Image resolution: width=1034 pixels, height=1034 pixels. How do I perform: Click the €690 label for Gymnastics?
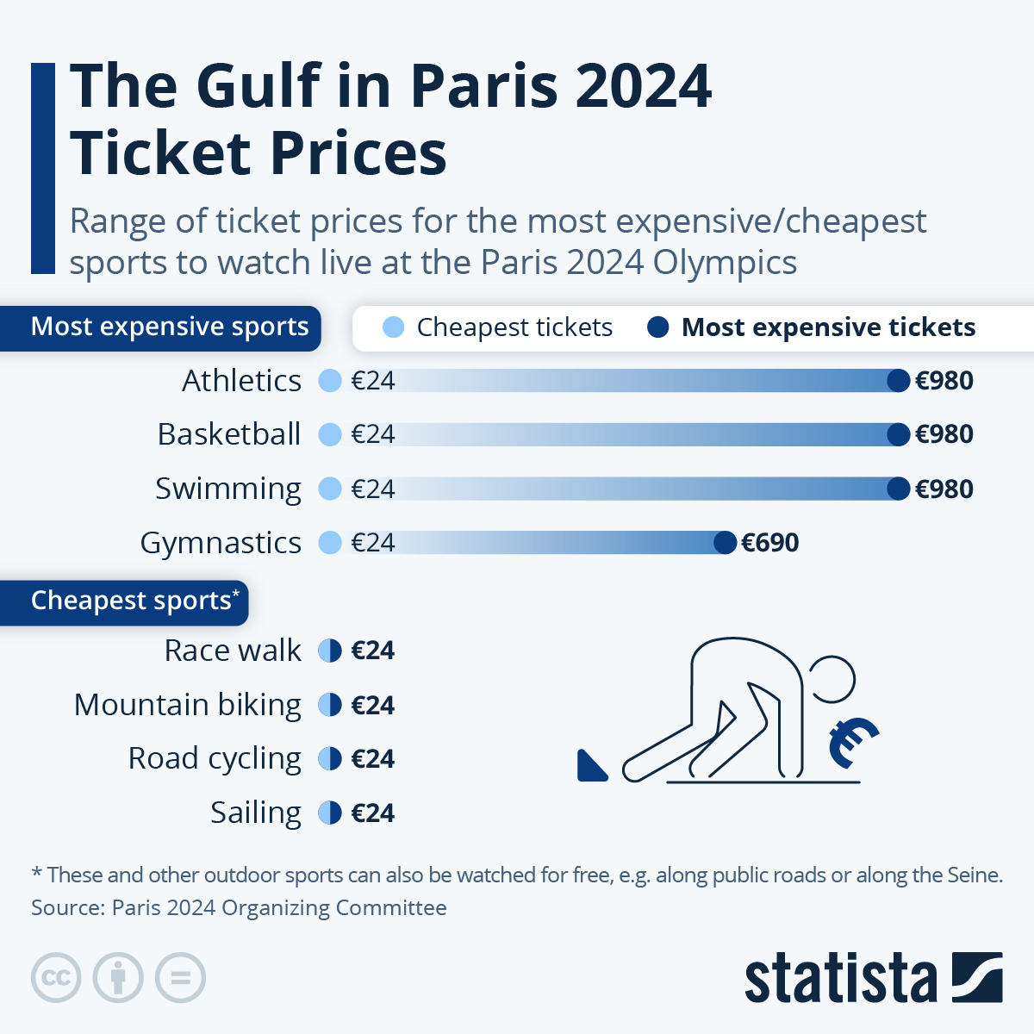[769, 543]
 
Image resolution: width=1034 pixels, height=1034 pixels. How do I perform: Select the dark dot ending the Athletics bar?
[898, 381]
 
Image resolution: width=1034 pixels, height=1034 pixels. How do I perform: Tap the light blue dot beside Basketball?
[330, 434]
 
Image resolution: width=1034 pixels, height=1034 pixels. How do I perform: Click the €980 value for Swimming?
[944, 489]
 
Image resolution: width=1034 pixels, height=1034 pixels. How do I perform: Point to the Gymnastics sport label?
[221, 543]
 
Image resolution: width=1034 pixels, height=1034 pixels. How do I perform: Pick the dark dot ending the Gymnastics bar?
[726, 543]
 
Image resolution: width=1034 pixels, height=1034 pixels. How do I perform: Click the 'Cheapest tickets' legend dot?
[393, 327]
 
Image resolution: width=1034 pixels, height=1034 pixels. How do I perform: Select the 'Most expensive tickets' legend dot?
[657, 327]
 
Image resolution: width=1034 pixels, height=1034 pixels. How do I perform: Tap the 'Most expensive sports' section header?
[169, 327]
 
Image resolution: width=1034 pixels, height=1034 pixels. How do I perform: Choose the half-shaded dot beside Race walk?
[330, 651]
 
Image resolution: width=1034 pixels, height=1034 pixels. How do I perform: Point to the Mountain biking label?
[188, 705]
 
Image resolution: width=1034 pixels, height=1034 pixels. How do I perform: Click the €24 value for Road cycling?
[372, 759]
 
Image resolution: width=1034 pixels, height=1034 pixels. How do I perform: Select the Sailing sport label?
[256, 813]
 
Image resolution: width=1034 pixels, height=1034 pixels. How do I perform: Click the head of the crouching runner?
[830, 679]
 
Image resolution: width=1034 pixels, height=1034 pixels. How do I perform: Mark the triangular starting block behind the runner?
[590, 767]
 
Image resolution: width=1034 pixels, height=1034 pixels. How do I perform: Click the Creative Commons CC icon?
[56, 978]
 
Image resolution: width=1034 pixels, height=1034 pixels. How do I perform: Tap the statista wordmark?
[840, 979]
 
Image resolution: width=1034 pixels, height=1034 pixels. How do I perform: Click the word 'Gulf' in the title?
[258, 86]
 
